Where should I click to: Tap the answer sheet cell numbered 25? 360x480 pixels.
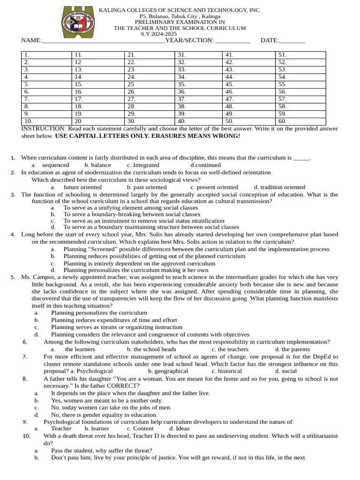tap(150, 84)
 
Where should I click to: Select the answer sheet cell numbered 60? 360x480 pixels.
tap(300, 121)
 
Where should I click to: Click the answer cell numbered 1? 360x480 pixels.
tap(46, 55)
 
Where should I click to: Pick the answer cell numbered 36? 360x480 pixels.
tap(199, 92)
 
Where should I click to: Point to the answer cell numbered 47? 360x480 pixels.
tap(248, 99)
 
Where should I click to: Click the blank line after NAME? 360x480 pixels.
tap(103, 41)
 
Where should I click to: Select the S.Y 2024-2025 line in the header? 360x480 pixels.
tap(159, 34)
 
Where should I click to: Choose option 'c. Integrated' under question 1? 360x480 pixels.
tap(143, 165)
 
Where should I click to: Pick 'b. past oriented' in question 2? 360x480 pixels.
tap(147, 187)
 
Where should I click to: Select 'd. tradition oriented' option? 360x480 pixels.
tap(279, 187)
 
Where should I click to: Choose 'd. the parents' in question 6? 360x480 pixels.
tap(292, 349)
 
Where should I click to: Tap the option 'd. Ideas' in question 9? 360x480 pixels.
tap(180, 428)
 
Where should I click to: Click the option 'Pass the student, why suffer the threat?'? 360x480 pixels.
tap(101, 450)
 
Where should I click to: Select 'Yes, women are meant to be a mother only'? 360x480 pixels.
tap(107, 400)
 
